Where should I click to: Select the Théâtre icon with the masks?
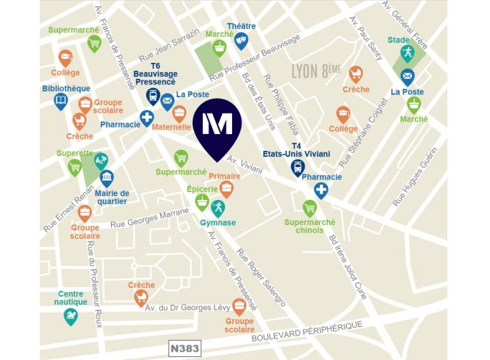(x=241, y=41)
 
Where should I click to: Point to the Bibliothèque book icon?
(x=61, y=102)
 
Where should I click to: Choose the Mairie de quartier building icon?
(x=106, y=178)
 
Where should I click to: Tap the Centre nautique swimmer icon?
(x=71, y=316)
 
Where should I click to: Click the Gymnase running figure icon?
(x=217, y=207)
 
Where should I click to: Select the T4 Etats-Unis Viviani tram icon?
(x=298, y=169)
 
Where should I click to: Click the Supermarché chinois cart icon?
(x=309, y=208)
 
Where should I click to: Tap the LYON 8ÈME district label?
(x=315, y=71)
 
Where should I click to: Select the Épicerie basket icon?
(x=201, y=201)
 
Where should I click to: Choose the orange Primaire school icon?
(x=226, y=189)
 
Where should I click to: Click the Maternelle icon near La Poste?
(x=179, y=114)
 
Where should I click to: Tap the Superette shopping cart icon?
(x=74, y=167)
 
